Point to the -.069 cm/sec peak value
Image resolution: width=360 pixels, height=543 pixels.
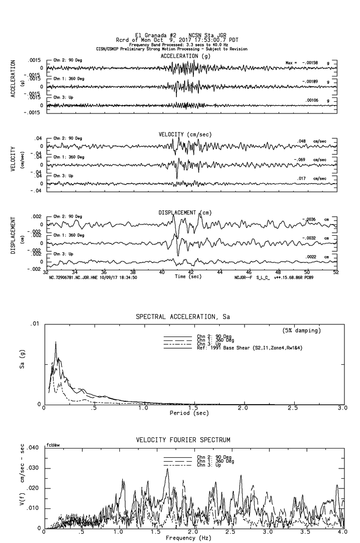coord(305,160)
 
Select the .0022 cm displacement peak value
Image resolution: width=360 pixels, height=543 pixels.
coord(312,257)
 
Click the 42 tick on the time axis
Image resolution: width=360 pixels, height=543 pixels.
coord(191,273)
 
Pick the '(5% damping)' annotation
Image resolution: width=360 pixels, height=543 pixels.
coord(302,331)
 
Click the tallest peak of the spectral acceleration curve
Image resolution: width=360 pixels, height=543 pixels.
coord(56,342)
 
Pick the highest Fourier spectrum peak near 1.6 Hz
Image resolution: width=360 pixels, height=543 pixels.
coord(167,468)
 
